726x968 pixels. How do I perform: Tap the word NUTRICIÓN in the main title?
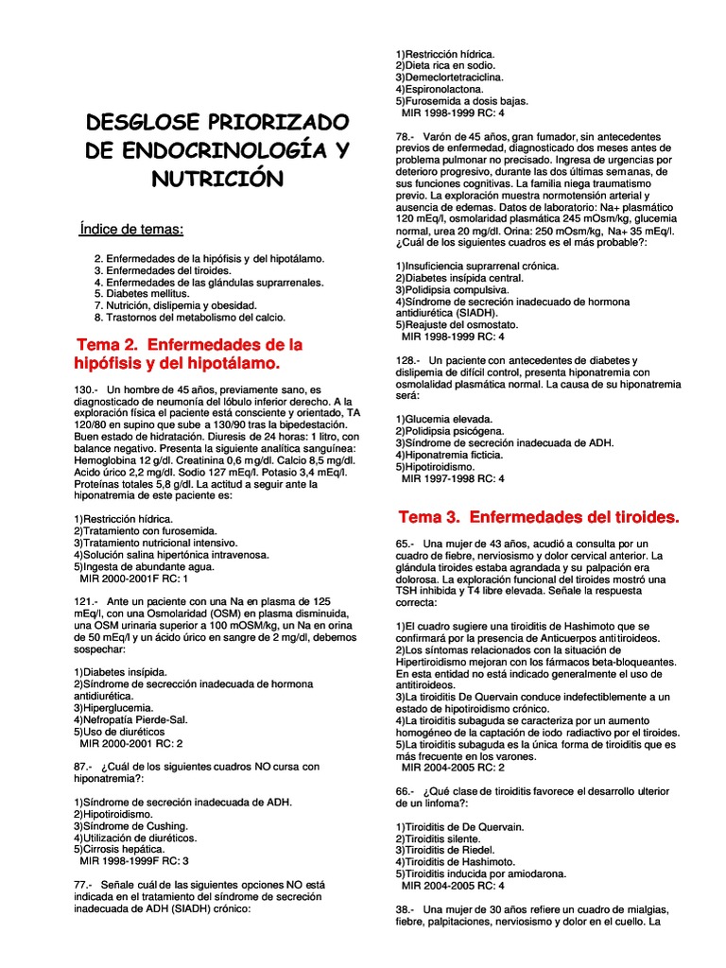(216, 178)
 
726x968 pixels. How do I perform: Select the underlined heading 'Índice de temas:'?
(132, 230)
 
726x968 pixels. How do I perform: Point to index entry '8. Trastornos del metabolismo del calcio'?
(189, 318)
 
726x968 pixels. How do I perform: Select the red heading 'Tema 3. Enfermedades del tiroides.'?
(539, 517)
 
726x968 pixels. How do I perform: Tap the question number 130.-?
(86, 389)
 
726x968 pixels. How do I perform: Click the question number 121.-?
(86, 601)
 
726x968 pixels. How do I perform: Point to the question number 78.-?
(407, 137)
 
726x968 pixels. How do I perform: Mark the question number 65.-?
(407, 544)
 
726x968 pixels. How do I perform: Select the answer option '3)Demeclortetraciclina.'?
(450, 78)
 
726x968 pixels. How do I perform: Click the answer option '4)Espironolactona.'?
(439, 89)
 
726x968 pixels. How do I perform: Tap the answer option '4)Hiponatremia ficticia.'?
(450, 455)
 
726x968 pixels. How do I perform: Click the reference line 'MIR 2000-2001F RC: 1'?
(135, 578)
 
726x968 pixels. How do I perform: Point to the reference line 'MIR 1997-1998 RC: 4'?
(454, 478)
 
